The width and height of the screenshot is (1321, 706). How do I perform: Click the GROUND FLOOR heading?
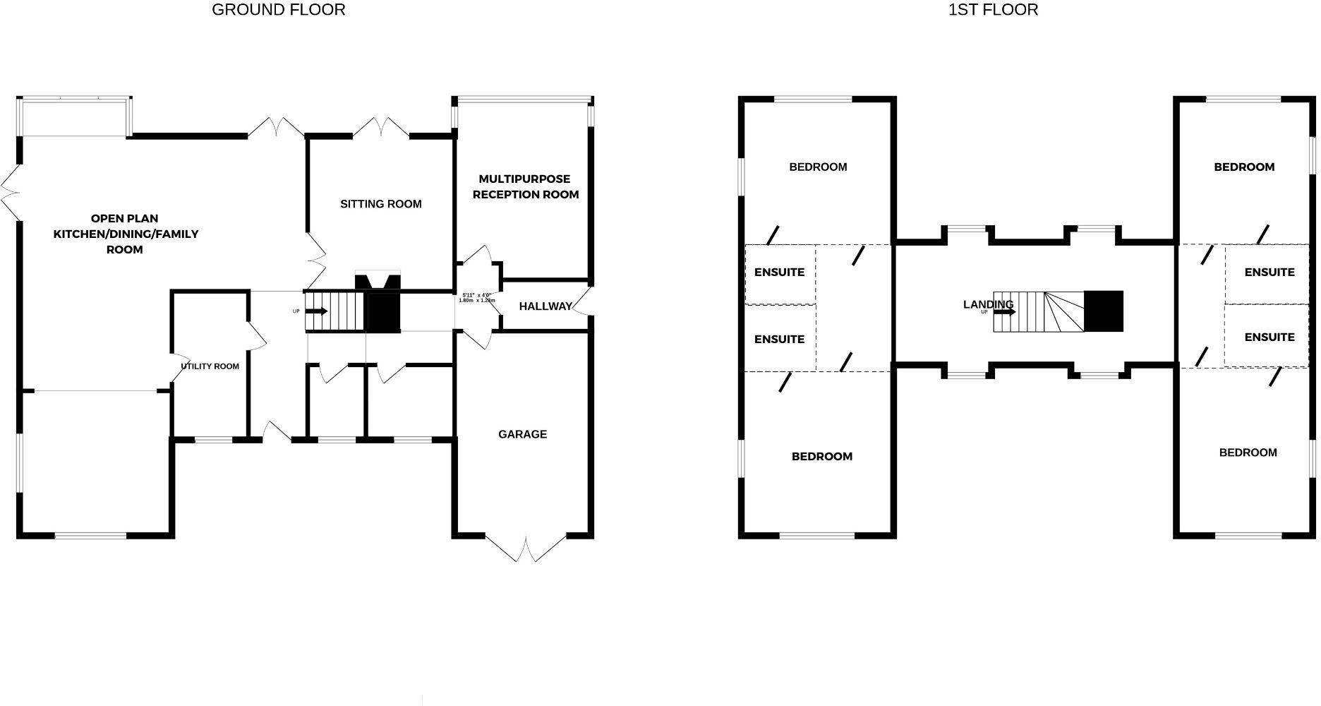[x=279, y=10]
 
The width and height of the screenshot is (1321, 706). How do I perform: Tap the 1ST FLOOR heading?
[x=993, y=10]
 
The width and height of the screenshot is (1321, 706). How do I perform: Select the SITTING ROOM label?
[x=381, y=204]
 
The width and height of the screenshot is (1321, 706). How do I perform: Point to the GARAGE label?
[x=522, y=434]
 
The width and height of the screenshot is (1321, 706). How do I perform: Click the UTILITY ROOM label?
[x=210, y=366]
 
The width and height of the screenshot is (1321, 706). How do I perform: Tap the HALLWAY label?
[x=545, y=306]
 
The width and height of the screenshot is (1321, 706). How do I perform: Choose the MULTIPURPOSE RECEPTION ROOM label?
[x=526, y=186]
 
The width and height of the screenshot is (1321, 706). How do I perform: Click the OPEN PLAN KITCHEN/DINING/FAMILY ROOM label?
[x=126, y=234]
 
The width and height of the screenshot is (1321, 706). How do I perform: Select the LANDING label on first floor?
[x=988, y=304]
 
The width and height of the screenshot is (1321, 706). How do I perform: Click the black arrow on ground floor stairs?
[x=317, y=311]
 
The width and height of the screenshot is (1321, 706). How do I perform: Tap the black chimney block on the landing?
[x=1103, y=311]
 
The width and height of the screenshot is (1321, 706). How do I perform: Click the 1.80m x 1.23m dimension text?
[x=477, y=301]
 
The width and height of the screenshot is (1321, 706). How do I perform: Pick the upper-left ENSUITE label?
[x=779, y=273]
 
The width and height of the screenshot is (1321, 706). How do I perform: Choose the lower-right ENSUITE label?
[x=1269, y=337]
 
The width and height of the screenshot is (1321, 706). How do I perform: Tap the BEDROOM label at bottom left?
[x=822, y=457]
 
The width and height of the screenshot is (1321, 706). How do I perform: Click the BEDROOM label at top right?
[x=1244, y=167]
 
